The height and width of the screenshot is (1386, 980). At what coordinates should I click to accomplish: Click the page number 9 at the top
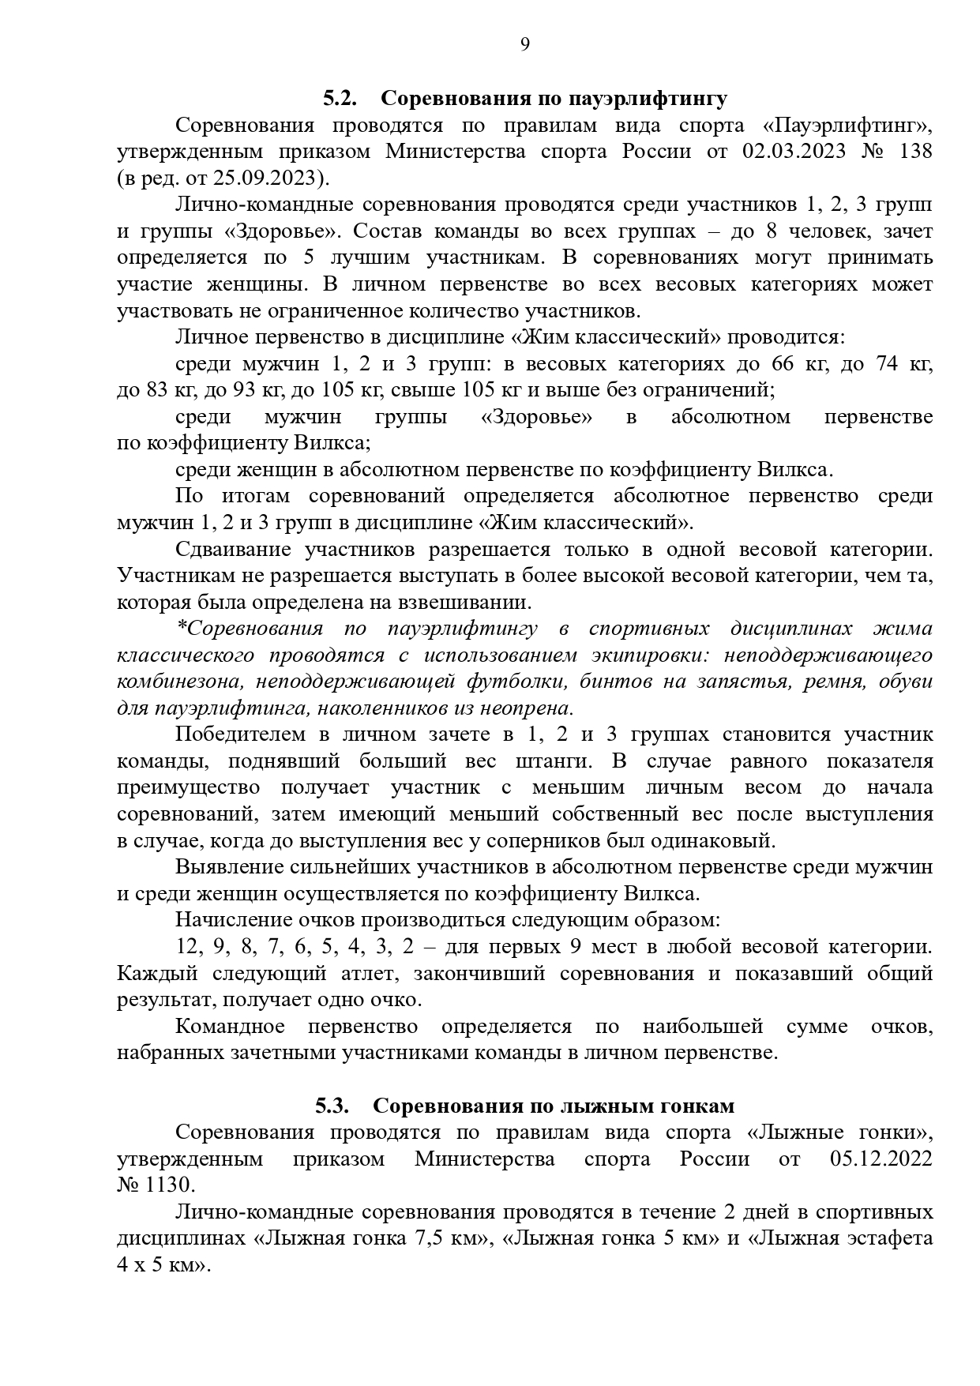click(525, 44)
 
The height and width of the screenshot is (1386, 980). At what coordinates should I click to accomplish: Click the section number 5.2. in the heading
click(340, 99)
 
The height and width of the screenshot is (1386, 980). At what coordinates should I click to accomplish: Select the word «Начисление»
click(234, 920)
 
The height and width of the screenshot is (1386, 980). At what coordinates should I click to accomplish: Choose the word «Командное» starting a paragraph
click(230, 1027)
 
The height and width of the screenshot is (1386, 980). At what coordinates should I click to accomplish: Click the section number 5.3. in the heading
click(332, 1106)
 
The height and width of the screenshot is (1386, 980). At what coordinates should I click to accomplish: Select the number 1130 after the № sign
click(169, 1185)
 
